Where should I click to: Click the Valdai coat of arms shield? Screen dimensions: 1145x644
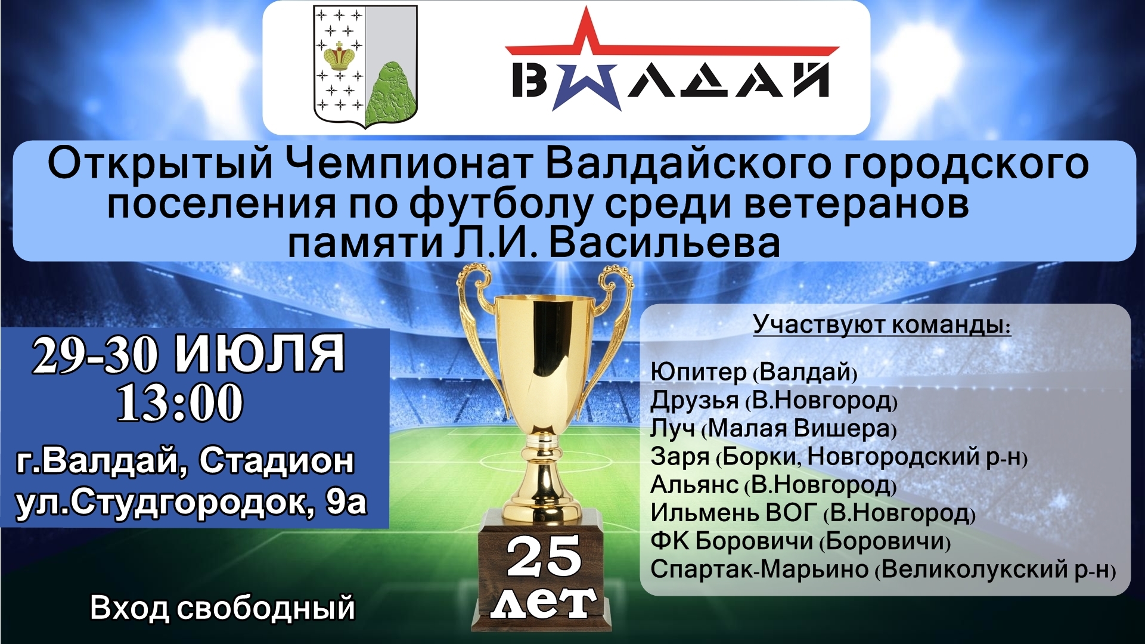(365, 67)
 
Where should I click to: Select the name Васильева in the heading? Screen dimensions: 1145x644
(664, 244)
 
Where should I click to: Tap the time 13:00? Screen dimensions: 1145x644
(180, 403)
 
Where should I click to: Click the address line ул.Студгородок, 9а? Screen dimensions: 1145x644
(191, 503)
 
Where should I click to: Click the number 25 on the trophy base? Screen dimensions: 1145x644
(544, 556)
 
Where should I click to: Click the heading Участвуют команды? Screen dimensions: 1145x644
(882, 325)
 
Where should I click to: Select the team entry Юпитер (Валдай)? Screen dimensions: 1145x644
(754, 372)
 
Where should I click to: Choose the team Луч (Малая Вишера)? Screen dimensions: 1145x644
(773, 428)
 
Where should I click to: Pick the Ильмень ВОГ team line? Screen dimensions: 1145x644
(813, 513)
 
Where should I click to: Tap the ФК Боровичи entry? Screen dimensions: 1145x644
(800, 541)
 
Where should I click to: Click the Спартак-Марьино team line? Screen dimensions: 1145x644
(883, 569)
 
